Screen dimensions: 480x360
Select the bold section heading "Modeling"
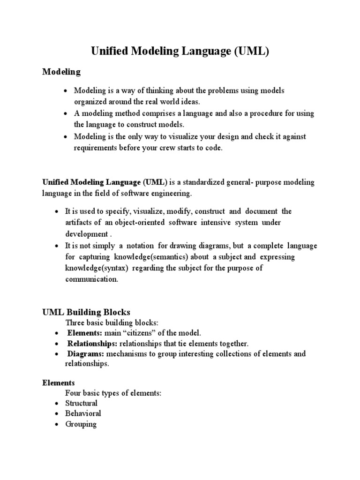[61, 72]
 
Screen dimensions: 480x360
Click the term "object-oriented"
[137, 222]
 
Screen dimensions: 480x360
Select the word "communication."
[92, 279]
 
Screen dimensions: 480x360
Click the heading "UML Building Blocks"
[86, 312]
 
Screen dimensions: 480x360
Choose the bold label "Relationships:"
[92, 344]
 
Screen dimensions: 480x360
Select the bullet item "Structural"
[82, 403]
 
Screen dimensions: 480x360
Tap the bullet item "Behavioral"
[83, 413]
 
